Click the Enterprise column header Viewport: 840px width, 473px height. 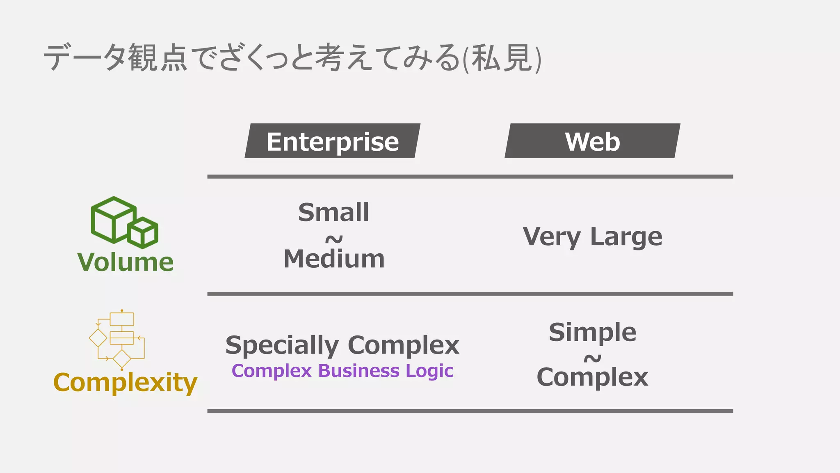click(x=333, y=141)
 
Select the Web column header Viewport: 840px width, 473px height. click(x=592, y=141)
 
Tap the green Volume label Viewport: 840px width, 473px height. click(x=125, y=262)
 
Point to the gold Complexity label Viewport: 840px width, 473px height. click(x=125, y=382)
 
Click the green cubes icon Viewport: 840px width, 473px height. click(x=124, y=222)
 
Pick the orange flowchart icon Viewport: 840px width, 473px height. click(x=117, y=340)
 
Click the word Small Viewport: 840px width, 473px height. click(x=333, y=212)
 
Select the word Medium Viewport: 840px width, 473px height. click(x=334, y=259)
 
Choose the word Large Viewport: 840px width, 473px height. click(x=626, y=237)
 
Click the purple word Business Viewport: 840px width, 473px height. click(x=358, y=371)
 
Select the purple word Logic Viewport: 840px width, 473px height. click(x=429, y=371)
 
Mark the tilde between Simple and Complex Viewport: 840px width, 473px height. click(x=592, y=358)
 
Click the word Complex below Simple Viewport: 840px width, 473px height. click(x=592, y=377)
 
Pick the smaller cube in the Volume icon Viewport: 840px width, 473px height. click(x=143, y=233)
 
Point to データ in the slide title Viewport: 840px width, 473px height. click(x=84, y=58)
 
